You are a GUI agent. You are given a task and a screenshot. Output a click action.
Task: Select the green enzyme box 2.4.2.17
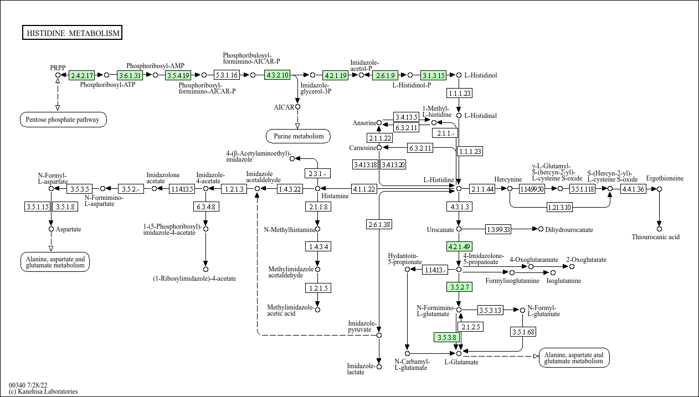point(81,75)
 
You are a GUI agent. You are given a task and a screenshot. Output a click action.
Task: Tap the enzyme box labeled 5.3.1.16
point(227,75)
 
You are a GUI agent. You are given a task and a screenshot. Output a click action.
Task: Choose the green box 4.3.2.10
point(277,75)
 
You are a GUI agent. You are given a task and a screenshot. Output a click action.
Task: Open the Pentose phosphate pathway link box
point(63,119)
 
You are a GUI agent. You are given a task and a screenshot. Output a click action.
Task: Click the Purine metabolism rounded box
point(298,136)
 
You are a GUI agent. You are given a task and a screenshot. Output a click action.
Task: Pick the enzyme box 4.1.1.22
point(364,189)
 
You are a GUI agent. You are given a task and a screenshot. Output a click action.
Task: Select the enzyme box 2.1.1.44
point(482,189)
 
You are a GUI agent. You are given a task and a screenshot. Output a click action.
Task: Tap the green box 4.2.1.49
point(459,246)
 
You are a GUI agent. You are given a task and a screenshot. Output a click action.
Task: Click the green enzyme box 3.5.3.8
point(446,337)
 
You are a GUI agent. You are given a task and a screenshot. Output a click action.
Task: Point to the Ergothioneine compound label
point(665,178)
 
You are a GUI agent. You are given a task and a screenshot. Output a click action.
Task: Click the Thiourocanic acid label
point(655,237)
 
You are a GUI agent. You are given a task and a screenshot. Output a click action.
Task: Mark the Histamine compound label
point(335,196)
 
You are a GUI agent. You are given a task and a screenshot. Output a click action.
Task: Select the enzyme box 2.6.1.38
point(379,224)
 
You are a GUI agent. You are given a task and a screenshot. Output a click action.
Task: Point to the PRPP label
point(58,68)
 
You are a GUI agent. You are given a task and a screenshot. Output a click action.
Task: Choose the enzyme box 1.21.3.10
point(560,208)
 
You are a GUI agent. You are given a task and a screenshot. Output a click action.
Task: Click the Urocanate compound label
point(440,229)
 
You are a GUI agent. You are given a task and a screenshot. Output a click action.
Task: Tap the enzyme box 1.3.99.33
point(498,229)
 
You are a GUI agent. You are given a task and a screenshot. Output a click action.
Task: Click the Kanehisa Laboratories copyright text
point(43,391)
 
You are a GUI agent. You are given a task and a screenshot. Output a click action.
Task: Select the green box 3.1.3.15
point(433,75)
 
